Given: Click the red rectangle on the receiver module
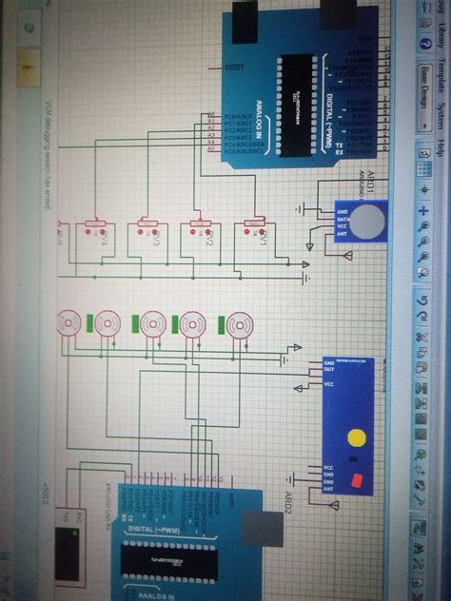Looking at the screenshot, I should (x=358, y=479).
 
